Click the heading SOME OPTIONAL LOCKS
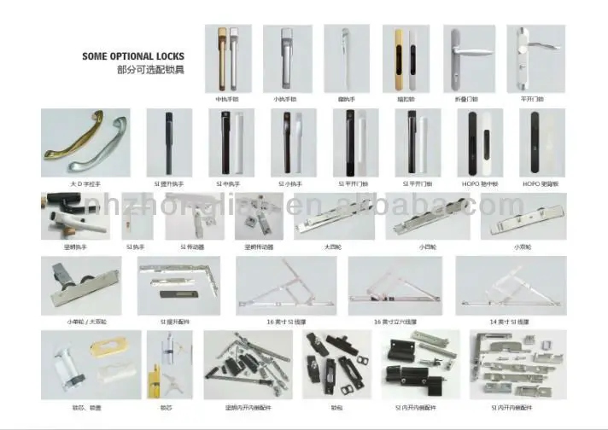pos(132,56)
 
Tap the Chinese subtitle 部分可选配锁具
pos(150,69)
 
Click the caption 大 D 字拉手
pos(85,183)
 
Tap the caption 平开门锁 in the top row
pos(532,99)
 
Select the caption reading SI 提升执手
pos(169,183)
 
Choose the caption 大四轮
pos(333,247)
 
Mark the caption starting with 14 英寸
pos(510,322)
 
